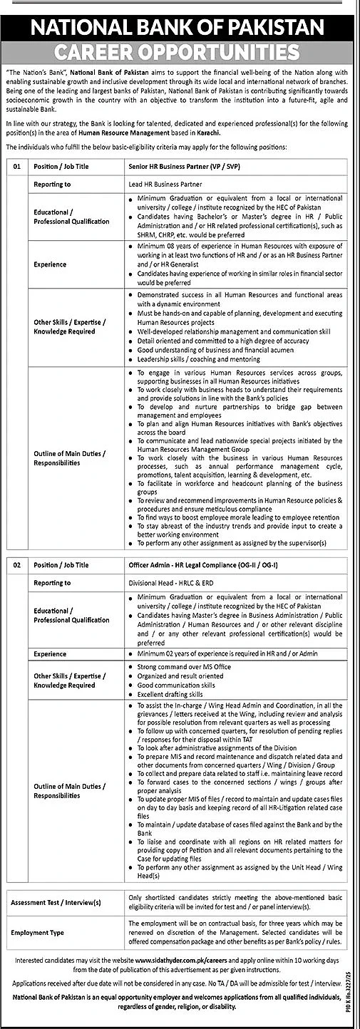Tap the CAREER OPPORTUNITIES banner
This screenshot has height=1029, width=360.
click(180, 52)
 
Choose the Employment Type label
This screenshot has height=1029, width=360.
click(38, 931)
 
